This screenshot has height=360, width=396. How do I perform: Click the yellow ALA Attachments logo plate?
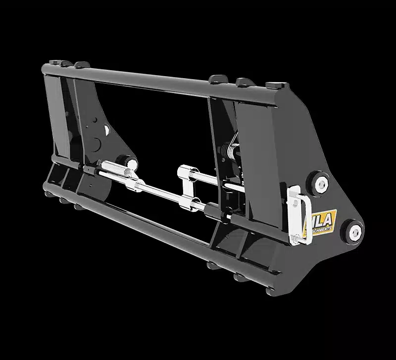point(323,221)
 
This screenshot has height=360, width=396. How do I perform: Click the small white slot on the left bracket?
point(106,130)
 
